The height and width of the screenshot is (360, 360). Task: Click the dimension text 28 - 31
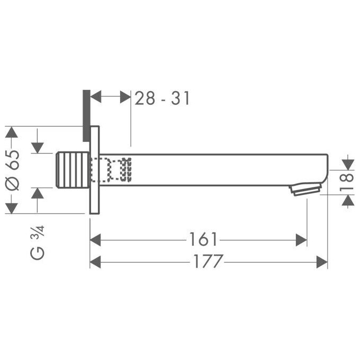[162, 98]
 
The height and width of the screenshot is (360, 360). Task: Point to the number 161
[203, 240]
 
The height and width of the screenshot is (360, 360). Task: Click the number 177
[208, 261]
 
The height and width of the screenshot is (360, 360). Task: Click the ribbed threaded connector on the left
[72, 169]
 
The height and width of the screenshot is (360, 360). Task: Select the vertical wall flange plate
[95, 169]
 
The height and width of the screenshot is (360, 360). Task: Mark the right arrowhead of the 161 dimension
[301, 240]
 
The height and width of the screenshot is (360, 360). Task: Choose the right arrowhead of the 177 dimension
[322, 262]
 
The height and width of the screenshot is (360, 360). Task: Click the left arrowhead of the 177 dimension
[96, 262]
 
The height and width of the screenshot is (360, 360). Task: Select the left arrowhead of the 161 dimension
[96, 240]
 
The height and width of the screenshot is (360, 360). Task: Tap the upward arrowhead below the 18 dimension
[347, 201]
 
